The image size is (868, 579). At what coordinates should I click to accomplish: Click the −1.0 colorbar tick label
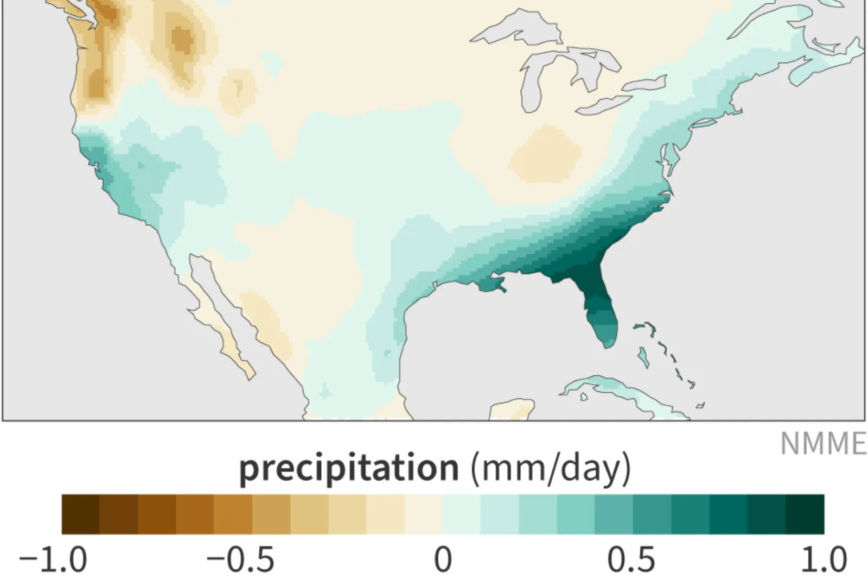point(53,559)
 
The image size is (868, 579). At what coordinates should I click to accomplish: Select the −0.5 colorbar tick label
point(240,559)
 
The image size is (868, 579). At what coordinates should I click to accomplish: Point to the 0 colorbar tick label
point(443,559)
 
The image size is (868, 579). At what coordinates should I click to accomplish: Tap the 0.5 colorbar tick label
point(631,559)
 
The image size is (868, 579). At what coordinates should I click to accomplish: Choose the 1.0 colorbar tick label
point(824,559)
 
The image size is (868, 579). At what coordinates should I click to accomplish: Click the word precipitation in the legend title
point(349,467)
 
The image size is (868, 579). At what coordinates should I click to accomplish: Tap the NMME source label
point(823,444)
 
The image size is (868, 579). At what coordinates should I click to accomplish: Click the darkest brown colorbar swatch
point(80,514)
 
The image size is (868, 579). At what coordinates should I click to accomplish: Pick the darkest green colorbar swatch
point(805,514)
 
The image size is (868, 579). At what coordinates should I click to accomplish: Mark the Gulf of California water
point(217,296)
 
